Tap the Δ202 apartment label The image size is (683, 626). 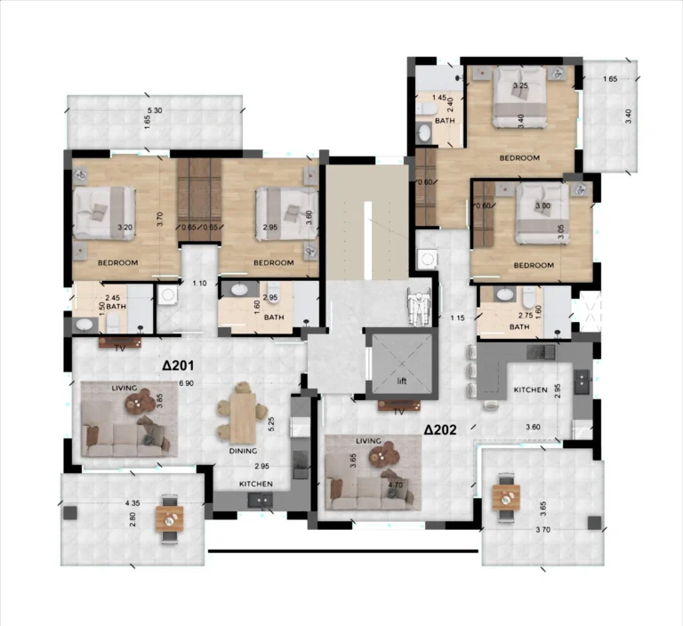[x=440, y=429]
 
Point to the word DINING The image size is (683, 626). [x=243, y=451]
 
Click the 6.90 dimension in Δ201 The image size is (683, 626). [x=186, y=383]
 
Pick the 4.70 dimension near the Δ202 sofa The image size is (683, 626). [x=395, y=486]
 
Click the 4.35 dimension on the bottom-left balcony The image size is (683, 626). [x=134, y=503]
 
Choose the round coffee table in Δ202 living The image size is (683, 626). [x=382, y=458]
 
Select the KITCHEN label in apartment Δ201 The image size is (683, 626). [x=255, y=484]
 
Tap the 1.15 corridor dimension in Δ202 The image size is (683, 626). [x=457, y=317]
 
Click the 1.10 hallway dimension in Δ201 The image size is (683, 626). [x=199, y=284]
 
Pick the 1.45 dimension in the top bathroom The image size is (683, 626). [x=439, y=98]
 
